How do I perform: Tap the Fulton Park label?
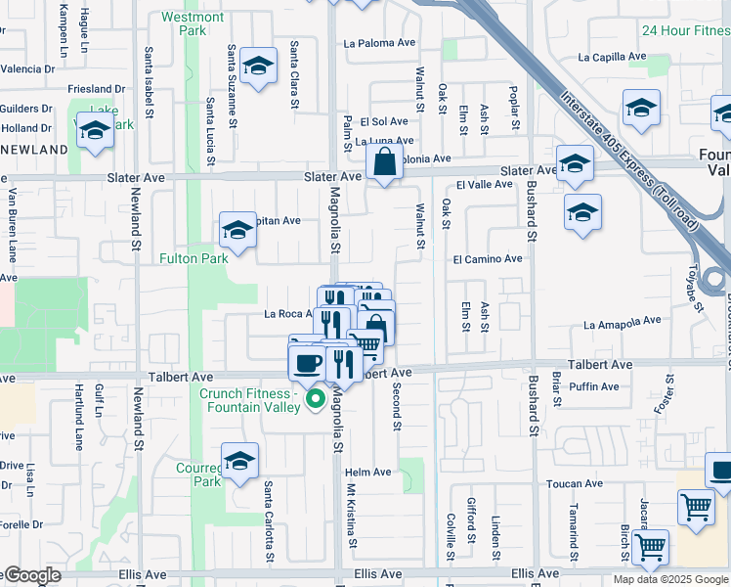[x=193, y=258]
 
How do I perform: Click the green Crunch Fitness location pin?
[x=316, y=399]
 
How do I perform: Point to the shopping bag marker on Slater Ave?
[x=385, y=162]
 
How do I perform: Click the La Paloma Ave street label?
[x=382, y=43]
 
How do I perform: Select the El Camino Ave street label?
[x=488, y=258]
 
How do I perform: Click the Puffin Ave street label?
[x=595, y=386]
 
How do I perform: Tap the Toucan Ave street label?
[x=574, y=483]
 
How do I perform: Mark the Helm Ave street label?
[x=368, y=473]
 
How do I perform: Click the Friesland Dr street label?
[x=97, y=89]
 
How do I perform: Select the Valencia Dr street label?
[x=27, y=68]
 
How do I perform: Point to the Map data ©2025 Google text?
[x=669, y=579]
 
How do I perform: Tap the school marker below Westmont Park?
[x=257, y=67]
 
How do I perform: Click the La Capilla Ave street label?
[x=612, y=56]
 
